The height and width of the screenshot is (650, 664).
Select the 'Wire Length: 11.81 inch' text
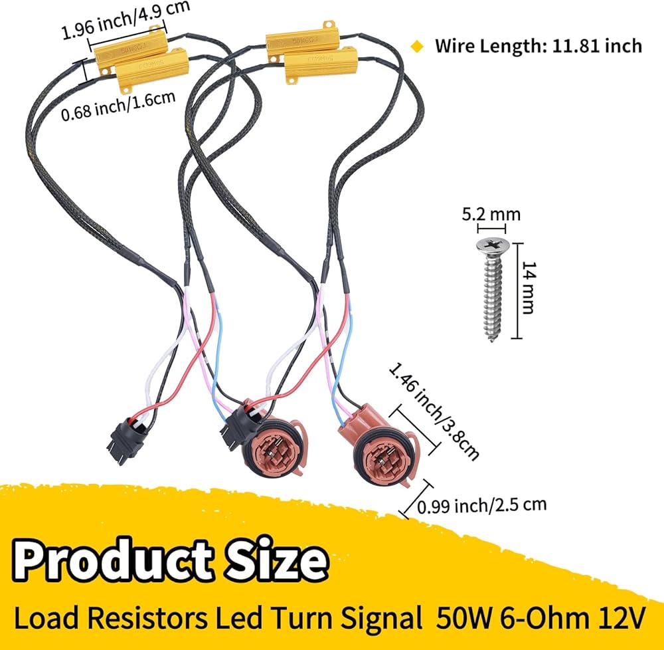(538, 45)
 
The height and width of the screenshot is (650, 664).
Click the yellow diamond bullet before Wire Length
(417, 46)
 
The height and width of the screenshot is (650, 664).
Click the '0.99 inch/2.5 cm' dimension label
(482, 505)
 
